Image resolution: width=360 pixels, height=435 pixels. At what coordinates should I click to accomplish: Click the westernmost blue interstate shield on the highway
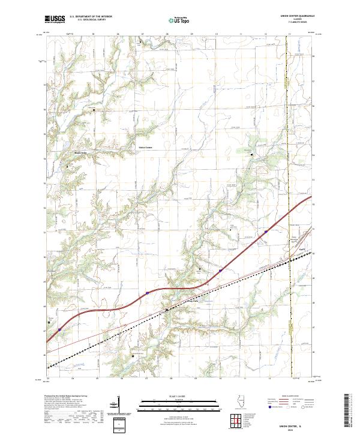click(60, 329)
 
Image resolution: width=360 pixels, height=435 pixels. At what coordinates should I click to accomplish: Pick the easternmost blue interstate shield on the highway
click(266, 230)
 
